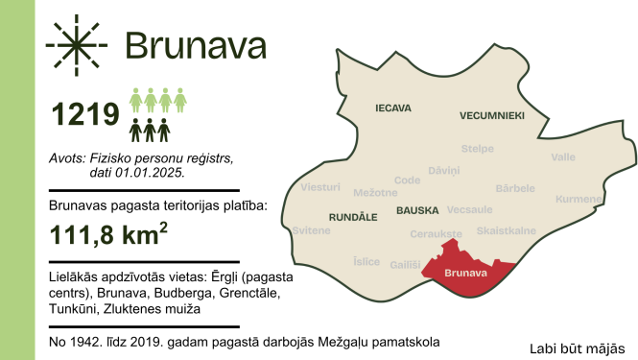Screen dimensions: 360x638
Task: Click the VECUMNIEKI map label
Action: coord(492,115)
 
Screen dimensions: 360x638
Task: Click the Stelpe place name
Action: coord(478,149)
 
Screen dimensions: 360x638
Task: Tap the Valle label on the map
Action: coord(564,156)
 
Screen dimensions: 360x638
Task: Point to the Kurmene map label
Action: coord(579,199)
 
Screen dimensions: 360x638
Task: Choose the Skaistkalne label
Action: coord(506,231)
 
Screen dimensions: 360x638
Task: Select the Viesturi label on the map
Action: coord(320,187)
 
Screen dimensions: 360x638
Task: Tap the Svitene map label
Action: coord(311,231)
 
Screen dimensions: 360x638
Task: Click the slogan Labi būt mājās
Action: coord(577,348)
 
